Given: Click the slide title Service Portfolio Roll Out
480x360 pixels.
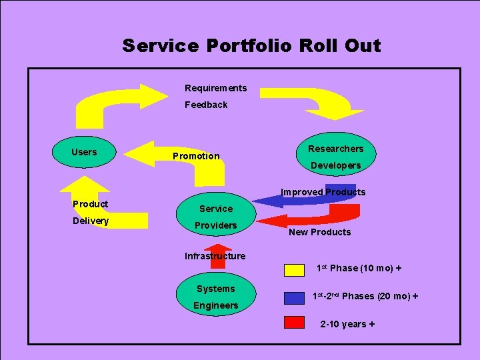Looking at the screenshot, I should pyautogui.click(x=251, y=46).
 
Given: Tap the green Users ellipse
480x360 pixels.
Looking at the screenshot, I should pyautogui.click(x=84, y=153).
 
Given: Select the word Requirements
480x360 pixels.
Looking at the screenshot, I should pyautogui.click(x=215, y=88).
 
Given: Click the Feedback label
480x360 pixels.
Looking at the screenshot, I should pyautogui.click(x=206, y=105).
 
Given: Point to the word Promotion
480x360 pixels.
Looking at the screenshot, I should pyautogui.click(x=196, y=156).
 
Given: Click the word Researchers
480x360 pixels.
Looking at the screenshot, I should pyautogui.click(x=335, y=149).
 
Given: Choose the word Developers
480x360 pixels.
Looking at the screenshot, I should pyautogui.click(x=335, y=165).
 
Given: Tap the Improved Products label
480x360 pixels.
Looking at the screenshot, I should pyautogui.click(x=323, y=192).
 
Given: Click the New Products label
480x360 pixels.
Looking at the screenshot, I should pyautogui.click(x=319, y=232).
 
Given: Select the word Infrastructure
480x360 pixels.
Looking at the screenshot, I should pyautogui.click(x=215, y=256).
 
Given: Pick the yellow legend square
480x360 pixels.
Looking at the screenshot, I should pyautogui.click(x=294, y=269).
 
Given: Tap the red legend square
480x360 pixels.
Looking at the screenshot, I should pyautogui.click(x=294, y=323).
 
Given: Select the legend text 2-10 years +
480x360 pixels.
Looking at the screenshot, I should pyautogui.click(x=347, y=324).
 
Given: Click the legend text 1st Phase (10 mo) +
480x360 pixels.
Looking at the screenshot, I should pyautogui.click(x=359, y=268).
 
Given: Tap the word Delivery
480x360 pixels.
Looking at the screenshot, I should pyautogui.click(x=91, y=221).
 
